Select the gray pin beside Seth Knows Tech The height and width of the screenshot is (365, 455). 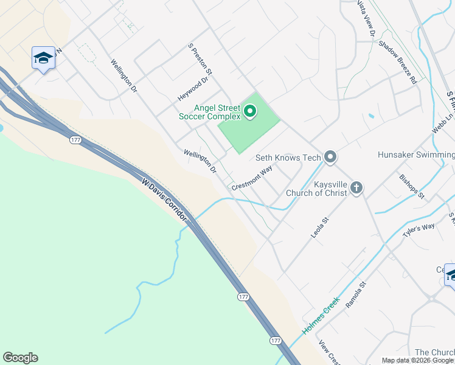[330, 158]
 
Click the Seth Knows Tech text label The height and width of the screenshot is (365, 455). [288, 158]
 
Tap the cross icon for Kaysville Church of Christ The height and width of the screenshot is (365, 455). [356, 188]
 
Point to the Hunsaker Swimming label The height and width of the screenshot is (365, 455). [416, 155]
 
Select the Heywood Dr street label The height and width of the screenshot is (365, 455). [193, 89]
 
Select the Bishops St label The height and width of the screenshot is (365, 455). [412, 187]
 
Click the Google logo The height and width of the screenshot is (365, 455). [20, 358]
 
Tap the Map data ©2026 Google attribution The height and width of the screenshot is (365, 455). [418, 361]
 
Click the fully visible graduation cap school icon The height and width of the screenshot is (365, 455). [43, 58]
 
